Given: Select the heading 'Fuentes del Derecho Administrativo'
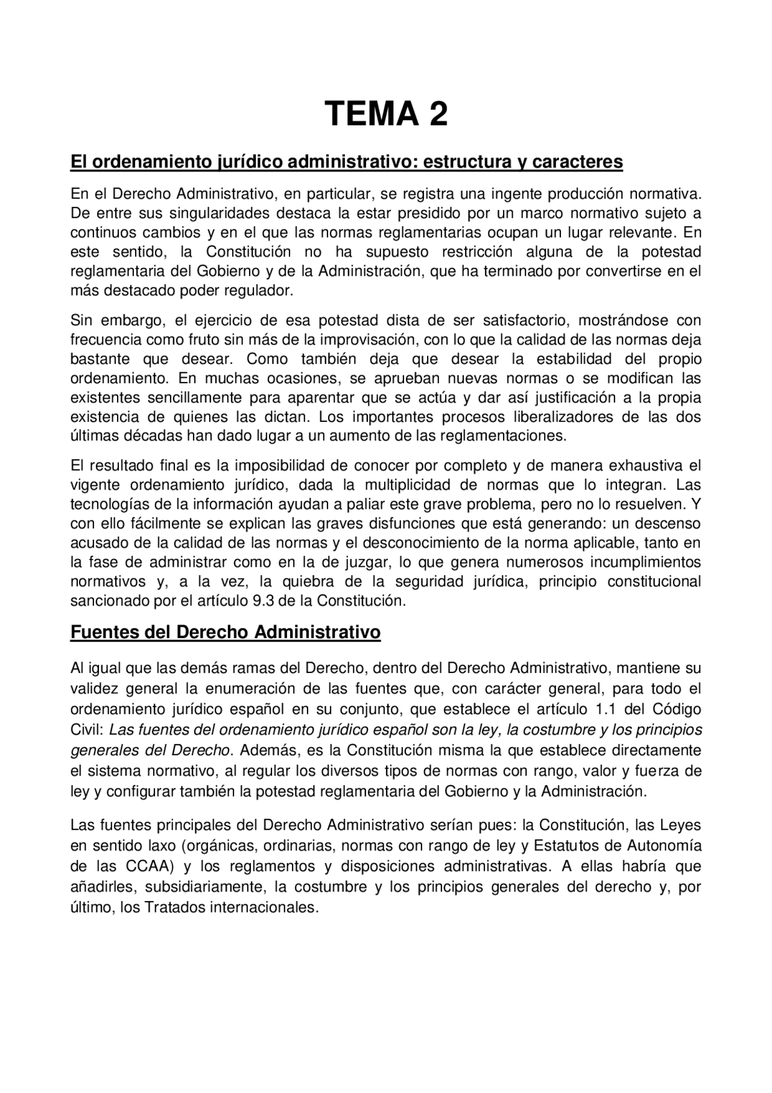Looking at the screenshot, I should [226, 632].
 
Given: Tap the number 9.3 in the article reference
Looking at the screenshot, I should [258, 601].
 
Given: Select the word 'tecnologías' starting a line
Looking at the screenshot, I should [106, 505].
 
